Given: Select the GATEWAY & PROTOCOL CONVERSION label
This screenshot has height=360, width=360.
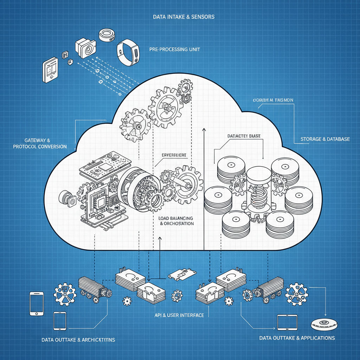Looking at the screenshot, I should coord(40,143).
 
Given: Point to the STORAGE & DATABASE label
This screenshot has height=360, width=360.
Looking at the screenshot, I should coord(325,139).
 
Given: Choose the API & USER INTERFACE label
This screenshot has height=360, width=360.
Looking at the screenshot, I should coord(179,315).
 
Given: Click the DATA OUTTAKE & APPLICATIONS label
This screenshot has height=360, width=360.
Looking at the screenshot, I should coord(297,338).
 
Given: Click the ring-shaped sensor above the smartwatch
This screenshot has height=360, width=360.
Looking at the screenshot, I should coord(108,34).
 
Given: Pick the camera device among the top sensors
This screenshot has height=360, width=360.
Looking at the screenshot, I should coord(85,48).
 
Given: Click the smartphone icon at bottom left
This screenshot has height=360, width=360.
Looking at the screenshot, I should coord(37,303).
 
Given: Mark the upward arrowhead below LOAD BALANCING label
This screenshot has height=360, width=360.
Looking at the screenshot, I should coord(160,239).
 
